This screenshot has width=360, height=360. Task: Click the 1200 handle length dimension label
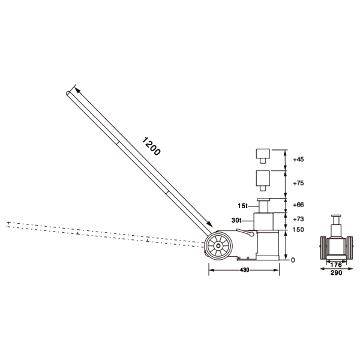[151, 146]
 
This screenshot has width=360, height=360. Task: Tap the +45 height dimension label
[298, 160]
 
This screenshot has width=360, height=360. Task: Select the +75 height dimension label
[298, 183]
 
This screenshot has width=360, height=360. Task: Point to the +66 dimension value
[298, 205]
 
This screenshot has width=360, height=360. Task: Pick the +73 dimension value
[298, 219]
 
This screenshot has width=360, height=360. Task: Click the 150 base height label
[298, 230]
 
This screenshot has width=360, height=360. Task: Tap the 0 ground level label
[293, 260]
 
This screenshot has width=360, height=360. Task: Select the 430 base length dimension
[245, 270]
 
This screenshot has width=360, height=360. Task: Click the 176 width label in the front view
[336, 265]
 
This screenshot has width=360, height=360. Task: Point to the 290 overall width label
[336, 273]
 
